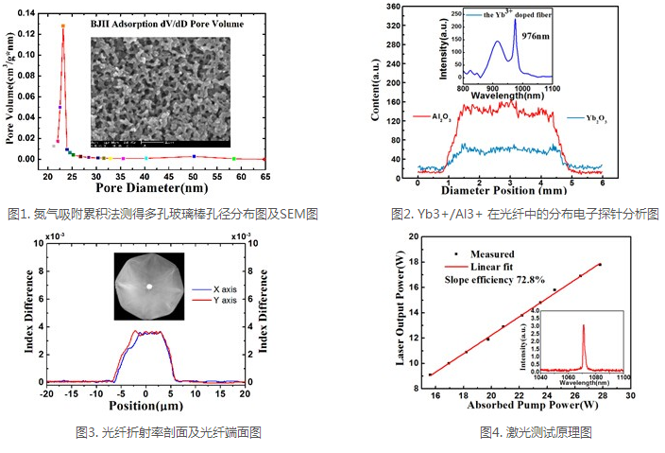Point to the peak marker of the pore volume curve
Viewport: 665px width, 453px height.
tap(63, 26)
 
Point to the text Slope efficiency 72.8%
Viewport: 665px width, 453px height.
tap(494, 280)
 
